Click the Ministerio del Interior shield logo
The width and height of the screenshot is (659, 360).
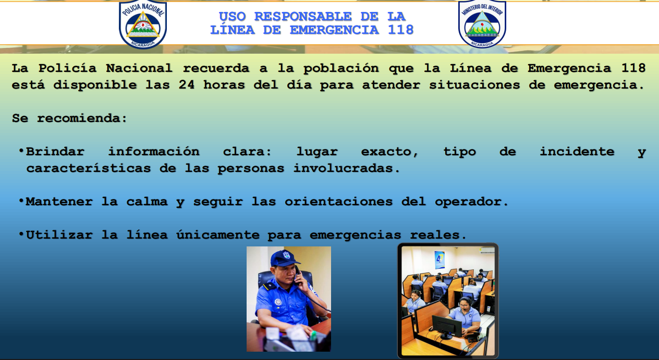coord(482,23)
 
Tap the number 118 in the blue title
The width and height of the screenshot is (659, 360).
coord(401,30)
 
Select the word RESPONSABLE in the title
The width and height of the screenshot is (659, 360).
coord(303,17)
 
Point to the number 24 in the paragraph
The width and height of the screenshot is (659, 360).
coord(187,85)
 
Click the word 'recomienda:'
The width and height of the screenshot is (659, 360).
coord(82,118)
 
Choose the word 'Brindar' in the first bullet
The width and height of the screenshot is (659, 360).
coord(55,152)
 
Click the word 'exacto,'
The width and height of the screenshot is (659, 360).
coord(389,152)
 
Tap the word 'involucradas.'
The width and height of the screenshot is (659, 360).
coord(347,168)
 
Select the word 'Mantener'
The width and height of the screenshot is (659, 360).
coord(59,202)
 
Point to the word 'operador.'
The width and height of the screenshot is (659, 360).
coord(472,202)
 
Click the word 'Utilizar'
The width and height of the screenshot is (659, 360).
coord(59,235)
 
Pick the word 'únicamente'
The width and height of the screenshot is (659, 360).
coord(218,235)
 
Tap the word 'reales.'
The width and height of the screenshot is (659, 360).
coord(438,235)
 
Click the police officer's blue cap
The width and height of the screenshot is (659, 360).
coord(285,258)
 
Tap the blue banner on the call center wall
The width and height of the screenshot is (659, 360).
coord(440,259)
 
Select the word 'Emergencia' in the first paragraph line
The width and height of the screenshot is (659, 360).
coord(569,68)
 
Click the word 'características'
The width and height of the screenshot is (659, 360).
coord(88,168)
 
